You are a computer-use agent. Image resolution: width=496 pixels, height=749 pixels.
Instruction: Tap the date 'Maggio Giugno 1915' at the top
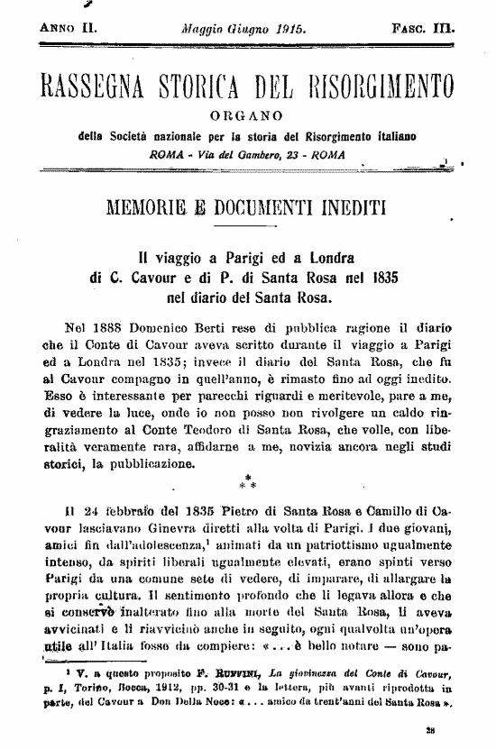[244, 29]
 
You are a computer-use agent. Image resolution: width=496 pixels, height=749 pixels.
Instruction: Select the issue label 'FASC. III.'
[424, 29]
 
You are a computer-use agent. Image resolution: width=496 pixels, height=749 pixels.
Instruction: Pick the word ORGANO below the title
[245, 116]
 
